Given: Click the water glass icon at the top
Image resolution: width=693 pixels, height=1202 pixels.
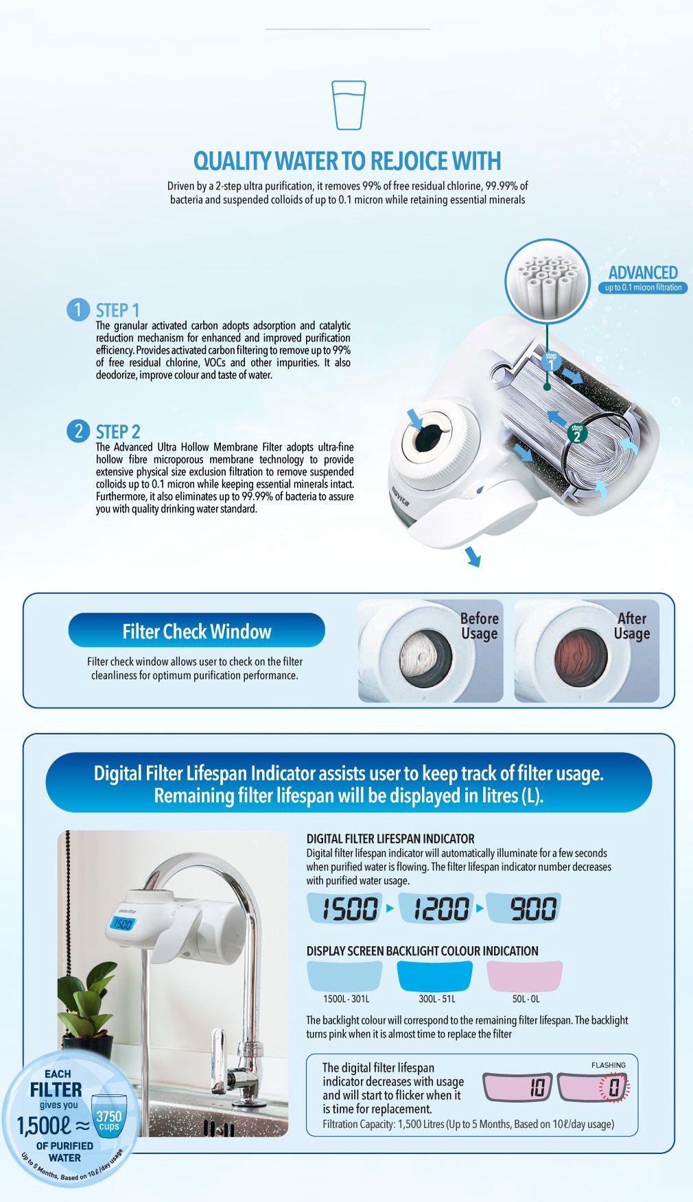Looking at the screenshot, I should point(349,105).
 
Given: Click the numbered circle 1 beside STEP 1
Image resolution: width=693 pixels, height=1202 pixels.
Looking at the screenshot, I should point(78,309).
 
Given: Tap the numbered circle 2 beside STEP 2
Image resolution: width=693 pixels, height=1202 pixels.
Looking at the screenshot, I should point(78,431).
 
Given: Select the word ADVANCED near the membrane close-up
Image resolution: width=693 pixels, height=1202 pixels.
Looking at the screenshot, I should point(642,272).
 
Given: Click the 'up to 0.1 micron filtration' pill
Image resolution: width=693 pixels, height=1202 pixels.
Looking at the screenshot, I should point(643,287).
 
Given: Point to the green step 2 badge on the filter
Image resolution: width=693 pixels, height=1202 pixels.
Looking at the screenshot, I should point(576,434).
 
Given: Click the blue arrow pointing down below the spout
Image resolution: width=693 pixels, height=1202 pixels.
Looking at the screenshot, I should point(473,556).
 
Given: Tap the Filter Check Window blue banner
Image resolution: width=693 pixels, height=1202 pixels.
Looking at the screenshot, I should point(196,631).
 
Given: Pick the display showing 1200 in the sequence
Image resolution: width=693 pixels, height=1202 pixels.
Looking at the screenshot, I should point(441,908).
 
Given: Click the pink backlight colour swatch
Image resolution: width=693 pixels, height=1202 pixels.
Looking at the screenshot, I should point(525,975).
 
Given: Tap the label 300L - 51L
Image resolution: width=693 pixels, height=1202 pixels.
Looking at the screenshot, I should point(436,999).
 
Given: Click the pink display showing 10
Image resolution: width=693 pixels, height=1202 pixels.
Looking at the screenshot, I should point(518,1087).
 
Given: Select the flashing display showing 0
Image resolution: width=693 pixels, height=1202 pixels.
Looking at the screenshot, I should point(594,1087).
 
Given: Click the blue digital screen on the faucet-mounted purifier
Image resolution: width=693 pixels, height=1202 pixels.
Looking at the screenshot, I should point(122,924).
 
